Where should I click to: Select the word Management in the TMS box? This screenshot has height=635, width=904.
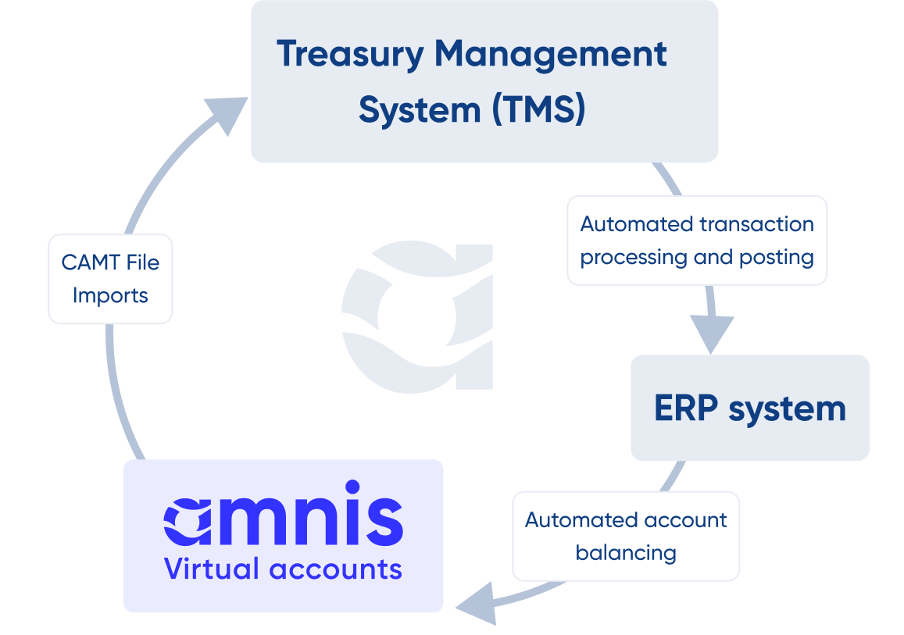pyautogui.click(x=551, y=54)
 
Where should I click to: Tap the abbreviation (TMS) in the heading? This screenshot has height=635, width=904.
pyautogui.click(x=538, y=110)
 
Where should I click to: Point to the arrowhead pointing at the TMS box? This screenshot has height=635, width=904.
pyautogui.click(x=226, y=113)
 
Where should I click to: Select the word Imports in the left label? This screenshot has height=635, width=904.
pyautogui.click(x=110, y=296)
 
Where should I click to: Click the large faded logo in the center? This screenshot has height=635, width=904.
pyautogui.click(x=418, y=316)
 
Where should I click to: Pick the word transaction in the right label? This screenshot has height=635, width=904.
pyautogui.click(x=756, y=224)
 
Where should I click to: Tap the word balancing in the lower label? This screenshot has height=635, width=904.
pyautogui.click(x=626, y=553)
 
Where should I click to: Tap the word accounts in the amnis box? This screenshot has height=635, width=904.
pyautogui.click(x=336, y=569)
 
